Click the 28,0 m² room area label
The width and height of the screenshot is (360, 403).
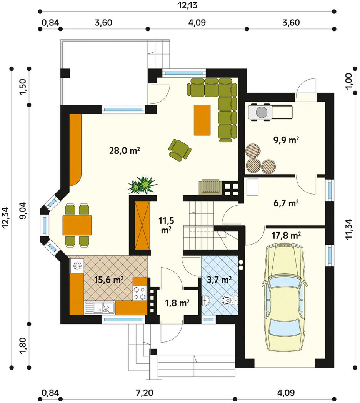pyautogui.click(x=125, y=151)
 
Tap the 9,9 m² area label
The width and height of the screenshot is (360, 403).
pyautogui.click(x=286, y=140)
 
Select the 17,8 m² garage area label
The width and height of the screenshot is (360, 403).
pyautogui.click(x=287, y=235)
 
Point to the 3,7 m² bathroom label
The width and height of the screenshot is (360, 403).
pyautogui.click(x=219, y=280)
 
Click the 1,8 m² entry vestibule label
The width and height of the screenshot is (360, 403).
pyautogui.click(x=177, y=303)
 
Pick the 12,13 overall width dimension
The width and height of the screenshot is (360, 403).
pyautogui.click(x=187, y=5)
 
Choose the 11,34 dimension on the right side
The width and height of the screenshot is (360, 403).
pyautogui.click(x=349, y=231)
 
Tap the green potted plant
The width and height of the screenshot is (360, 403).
pyautogui.click(x=142, y=184)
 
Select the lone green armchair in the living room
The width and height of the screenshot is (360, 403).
pyautogui.click(x=180, y=151)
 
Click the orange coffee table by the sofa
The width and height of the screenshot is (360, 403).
pyautogui.click(x=202, y=120)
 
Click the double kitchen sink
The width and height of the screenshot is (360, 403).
pyautogui.click(x=100, y=307)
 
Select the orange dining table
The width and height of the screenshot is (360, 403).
pyautogui.click(x=77, y=225)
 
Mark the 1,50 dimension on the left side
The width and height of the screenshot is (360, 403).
pyautogui.click(x=23, y=87)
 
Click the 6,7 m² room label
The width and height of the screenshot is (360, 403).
pyautogui.click(x=286, y=203)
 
